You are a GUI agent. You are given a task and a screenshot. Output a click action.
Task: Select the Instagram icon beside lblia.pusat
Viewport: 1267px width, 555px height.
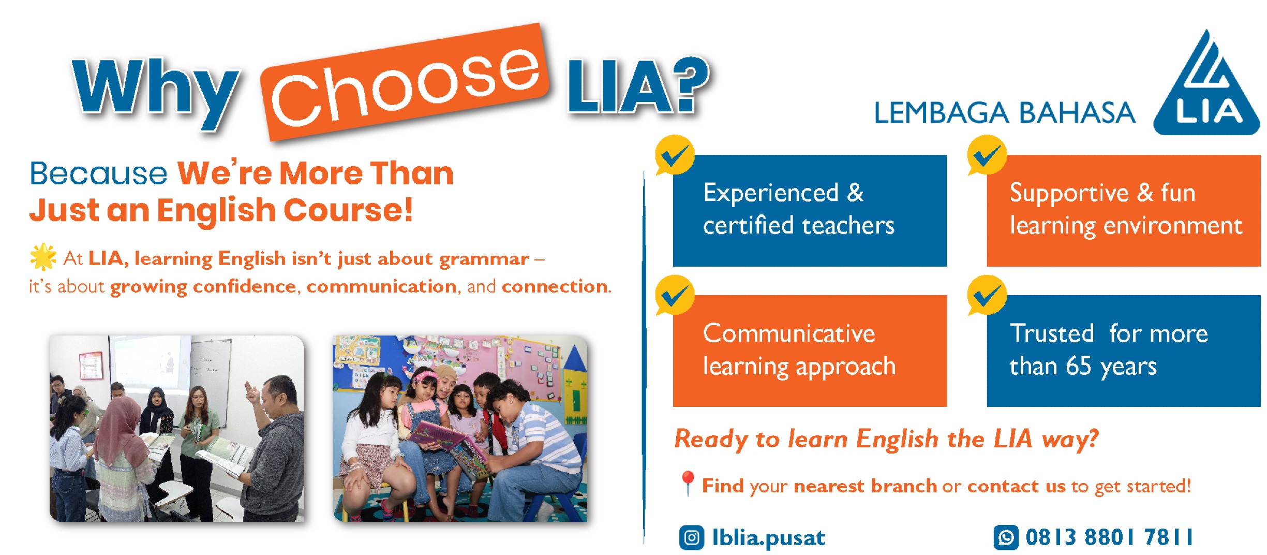pyautogui.click(x=692, y=537)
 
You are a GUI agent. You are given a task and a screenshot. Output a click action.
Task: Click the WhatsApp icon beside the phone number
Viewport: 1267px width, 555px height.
pyautogui.click(x=1006, y=537)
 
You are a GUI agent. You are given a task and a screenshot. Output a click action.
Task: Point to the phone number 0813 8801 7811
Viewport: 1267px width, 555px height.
pyautogui.click(x=1109, y=537)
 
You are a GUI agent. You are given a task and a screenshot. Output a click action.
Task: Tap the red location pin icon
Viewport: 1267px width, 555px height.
pyautogui.click(x=687, y=484)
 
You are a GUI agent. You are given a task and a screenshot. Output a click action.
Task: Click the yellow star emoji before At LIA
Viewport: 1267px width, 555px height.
pyautogui.click(x=43, y=257)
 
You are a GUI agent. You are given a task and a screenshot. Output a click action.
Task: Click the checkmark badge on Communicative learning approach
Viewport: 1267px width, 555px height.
pyautogui.click(x=675, y=295)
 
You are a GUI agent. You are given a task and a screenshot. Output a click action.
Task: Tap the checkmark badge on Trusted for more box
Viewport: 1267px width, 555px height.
pyautogui.click(x=987, y=295)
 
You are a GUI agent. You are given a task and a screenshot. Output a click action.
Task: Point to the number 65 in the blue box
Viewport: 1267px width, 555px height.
pyautogui.click(x=1079, y=366)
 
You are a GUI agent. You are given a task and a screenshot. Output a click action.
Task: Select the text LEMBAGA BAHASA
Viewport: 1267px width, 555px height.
pyautogui.click(x=1005, y=113)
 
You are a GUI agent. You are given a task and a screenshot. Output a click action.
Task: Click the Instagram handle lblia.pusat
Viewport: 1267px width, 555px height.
pyautogui.click(x=768, y=538)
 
